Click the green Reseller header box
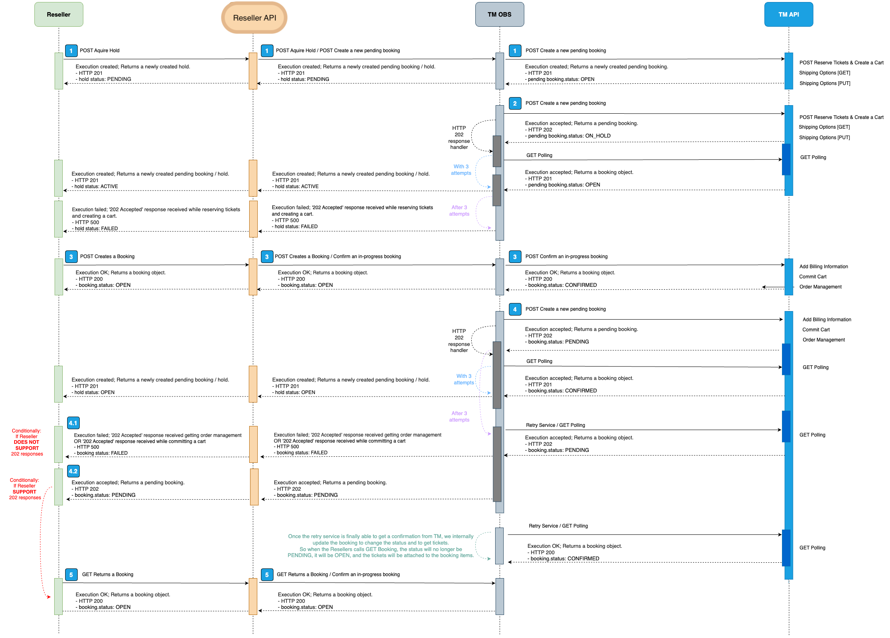(59, 15)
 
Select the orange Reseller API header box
(254, 18)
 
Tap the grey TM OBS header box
(499, 15)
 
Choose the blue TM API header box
(788, 15)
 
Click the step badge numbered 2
(515, 104)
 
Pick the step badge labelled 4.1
(73, 423)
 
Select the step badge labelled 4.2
(73, 471)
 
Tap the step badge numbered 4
(515, 309)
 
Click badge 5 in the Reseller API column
(267, 575)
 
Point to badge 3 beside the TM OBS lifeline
(515, 257)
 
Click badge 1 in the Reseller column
(71, 51)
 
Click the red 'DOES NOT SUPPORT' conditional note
(27, 442)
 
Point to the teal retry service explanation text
(380, 546)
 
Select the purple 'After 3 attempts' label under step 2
(459, 211)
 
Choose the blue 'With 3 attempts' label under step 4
(464, 379)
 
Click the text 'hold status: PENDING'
(105, 79)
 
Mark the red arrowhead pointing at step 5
(49, 597)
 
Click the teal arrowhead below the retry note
(489, 559)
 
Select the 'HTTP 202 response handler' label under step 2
(459, 138)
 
